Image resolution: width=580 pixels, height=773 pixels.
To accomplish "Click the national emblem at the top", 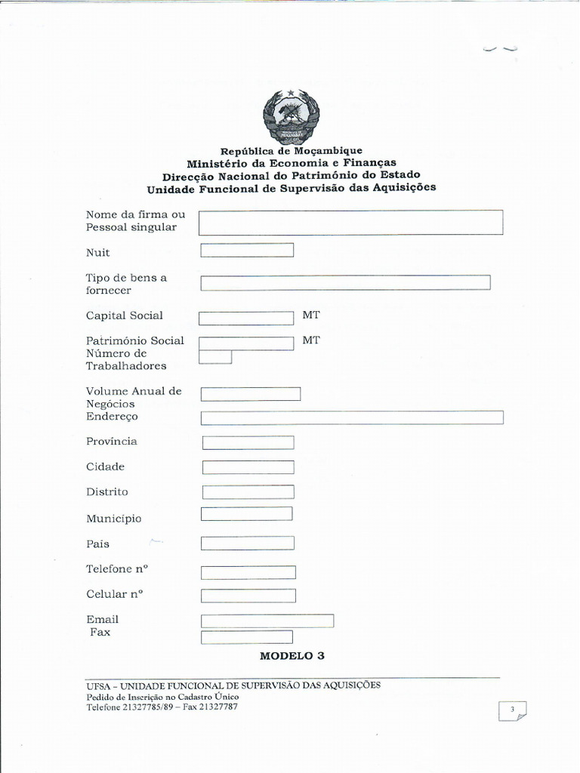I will [291, 116].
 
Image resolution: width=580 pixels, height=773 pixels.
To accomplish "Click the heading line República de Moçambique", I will [291, 151].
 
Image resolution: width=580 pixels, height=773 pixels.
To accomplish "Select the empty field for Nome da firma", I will [350, 223].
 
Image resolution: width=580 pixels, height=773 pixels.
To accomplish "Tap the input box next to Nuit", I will [247, 251].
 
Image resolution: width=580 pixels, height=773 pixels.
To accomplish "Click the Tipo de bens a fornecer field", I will [345, 282].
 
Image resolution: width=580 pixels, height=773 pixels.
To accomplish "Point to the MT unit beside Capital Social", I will [311, 316].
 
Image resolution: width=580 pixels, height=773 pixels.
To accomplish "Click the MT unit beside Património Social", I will [311, 340].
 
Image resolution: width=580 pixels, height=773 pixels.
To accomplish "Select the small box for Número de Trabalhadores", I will [215, 357].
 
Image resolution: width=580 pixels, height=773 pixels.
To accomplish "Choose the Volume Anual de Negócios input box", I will [251, 394].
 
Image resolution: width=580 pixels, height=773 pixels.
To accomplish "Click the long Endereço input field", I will [352, 417].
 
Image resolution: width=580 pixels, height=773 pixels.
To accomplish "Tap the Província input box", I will [248, 442].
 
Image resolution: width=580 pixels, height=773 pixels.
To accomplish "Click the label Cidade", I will [105, 467].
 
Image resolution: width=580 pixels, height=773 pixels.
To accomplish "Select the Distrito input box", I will [248, 492].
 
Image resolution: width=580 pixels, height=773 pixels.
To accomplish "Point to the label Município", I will [113, 519].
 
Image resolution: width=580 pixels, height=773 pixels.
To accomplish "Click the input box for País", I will [248, 543].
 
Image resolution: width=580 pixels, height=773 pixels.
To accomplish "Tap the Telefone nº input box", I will [248, 572].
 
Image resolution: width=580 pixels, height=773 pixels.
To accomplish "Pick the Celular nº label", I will [115, 594].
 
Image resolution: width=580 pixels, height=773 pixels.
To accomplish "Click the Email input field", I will [267, 621].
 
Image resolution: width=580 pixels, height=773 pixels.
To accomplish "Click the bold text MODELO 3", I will [292, 656].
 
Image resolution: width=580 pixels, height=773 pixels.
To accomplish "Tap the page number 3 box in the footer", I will [512, 710].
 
